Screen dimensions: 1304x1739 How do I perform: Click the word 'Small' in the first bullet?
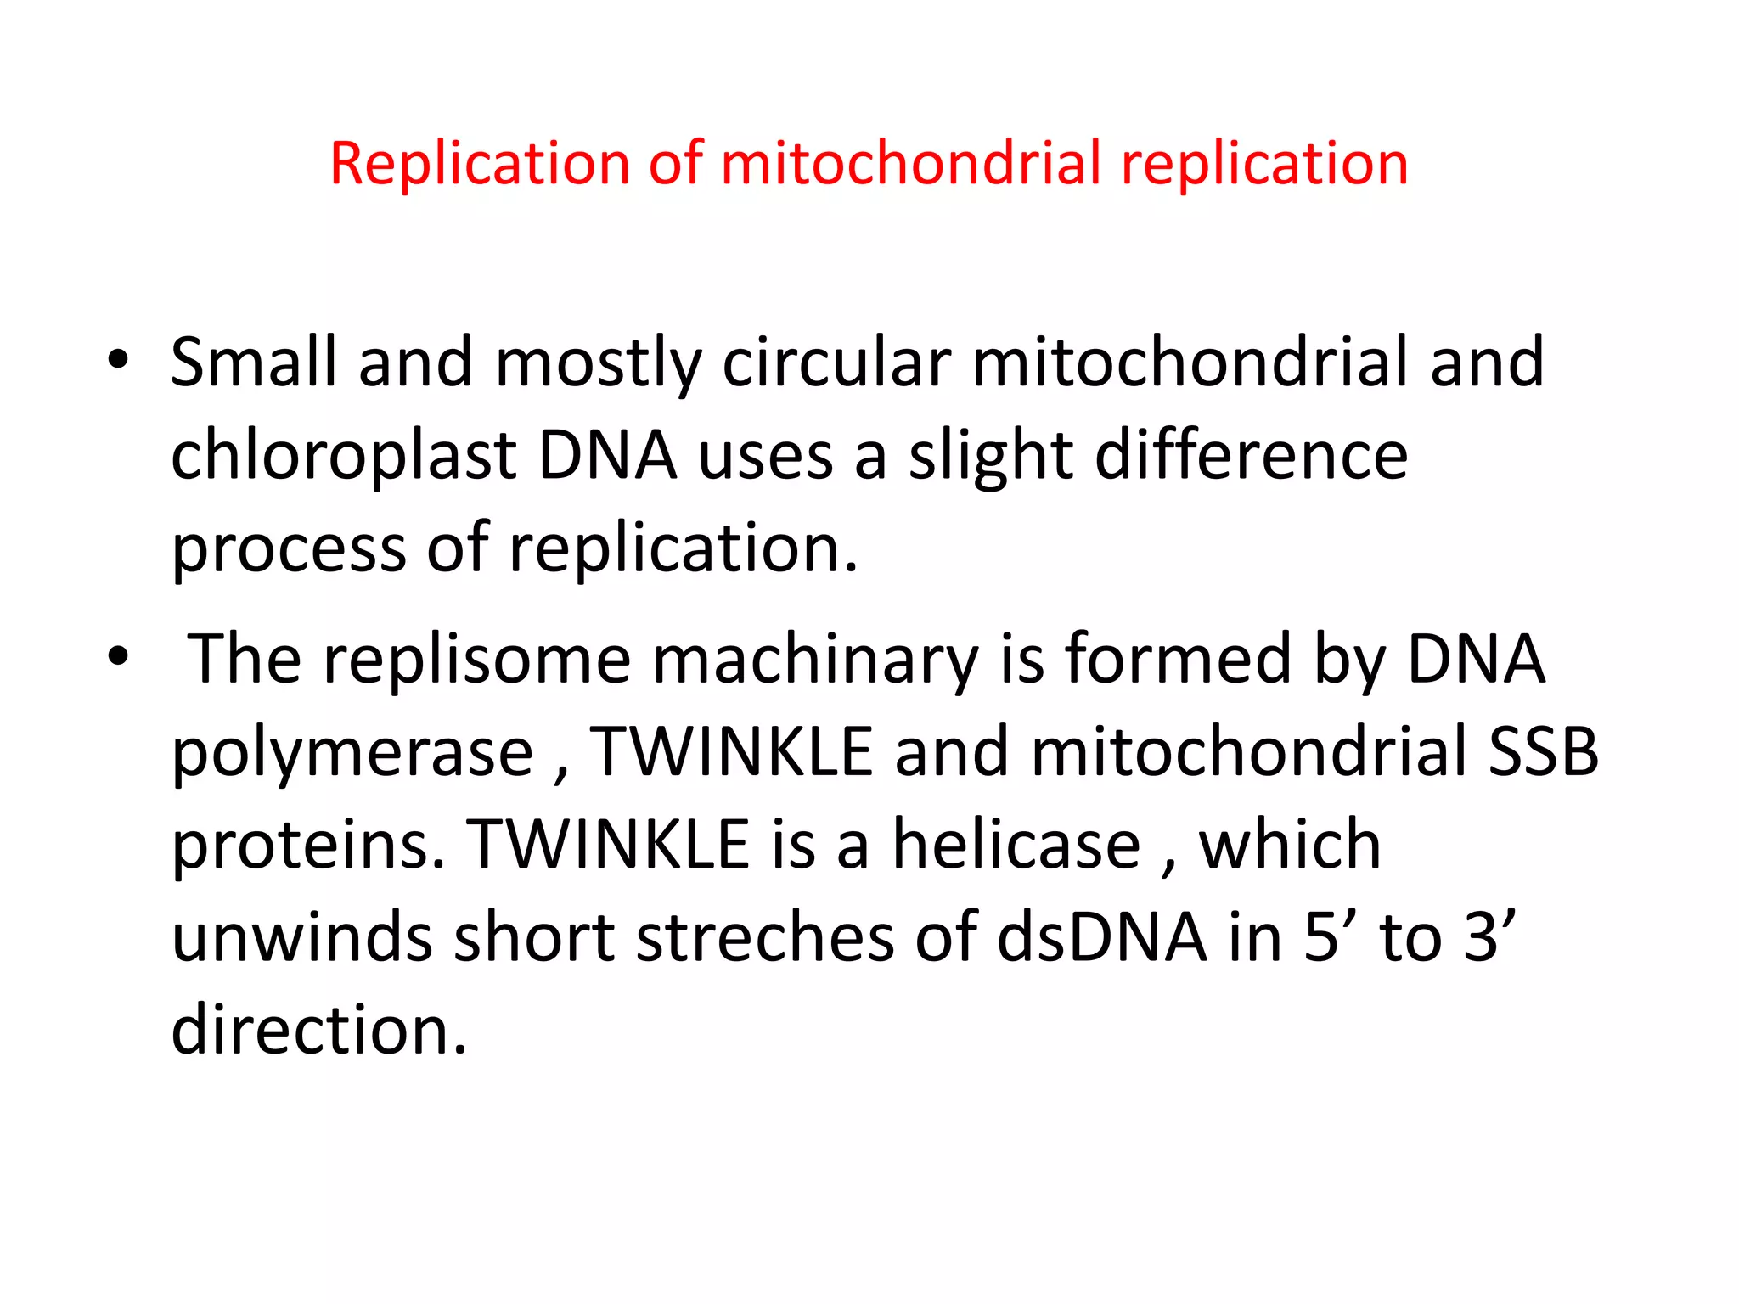(253, 363)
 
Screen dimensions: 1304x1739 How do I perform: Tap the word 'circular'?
(836, 363)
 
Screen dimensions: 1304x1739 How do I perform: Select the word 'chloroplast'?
(343, 456)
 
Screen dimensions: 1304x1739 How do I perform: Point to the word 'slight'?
(990, 456)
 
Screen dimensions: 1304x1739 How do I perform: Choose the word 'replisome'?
(476, 660)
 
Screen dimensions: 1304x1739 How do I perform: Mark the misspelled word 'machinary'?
(815, 660)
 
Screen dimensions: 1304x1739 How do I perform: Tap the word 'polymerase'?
(352, 753)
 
